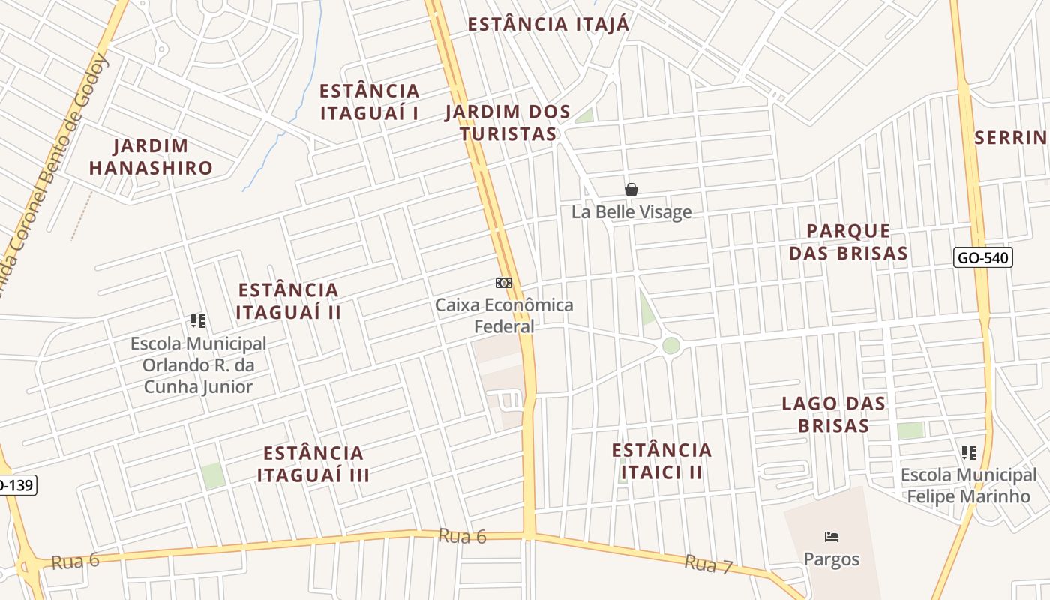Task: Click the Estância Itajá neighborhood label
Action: point(548,24)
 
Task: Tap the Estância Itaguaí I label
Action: point(370,102)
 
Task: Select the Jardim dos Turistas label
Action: point(508,123)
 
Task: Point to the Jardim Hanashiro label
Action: point(151,157)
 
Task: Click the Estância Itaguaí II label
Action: point(289,301)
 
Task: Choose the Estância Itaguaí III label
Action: point(313,463)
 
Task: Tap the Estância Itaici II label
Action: point(661,460)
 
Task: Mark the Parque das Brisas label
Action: point(849,241)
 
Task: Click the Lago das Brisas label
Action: point(833,414)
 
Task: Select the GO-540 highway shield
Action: point(984,258)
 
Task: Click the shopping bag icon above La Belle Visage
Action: point(631,190)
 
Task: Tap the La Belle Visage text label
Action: point(631,212)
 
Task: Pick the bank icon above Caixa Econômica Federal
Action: point(503,283)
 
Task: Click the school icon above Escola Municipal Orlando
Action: point(198,321)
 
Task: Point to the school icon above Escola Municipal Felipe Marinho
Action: point(969,452)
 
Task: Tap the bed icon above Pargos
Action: point(831,537)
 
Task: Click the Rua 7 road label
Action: point(708,564)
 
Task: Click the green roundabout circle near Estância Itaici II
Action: point(670,345)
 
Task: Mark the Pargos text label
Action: point(831,559)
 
